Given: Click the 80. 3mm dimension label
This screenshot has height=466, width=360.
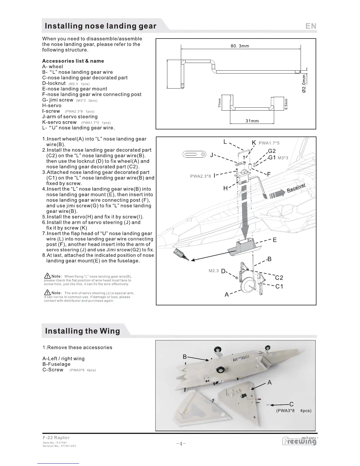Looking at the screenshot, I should (240, 46).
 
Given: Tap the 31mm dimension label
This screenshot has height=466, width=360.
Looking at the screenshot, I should (252, 121).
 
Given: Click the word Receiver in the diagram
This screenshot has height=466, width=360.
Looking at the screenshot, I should (296, 187).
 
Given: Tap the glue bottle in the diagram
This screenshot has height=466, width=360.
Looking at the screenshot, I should (180, 254).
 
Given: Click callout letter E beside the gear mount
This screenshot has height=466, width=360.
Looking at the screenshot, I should (274, 240).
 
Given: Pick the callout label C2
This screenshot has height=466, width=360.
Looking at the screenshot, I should (279, 278).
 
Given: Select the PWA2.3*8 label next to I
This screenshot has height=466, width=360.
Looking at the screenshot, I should (201, 176).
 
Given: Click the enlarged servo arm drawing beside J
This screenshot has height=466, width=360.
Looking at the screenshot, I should (194, 155).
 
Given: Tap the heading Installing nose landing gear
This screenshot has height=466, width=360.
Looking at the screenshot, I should (100, 26).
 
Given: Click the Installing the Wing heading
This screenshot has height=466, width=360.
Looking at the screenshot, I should (82, 331).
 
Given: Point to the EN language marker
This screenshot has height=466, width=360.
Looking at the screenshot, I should (311, 26).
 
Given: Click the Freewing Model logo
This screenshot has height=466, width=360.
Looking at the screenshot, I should (299, 441).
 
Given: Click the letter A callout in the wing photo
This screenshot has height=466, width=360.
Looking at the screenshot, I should (269, 383).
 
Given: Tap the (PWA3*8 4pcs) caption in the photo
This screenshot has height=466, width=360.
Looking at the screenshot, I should (294, 411).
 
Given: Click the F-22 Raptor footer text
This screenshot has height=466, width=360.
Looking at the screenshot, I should (56, 437).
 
